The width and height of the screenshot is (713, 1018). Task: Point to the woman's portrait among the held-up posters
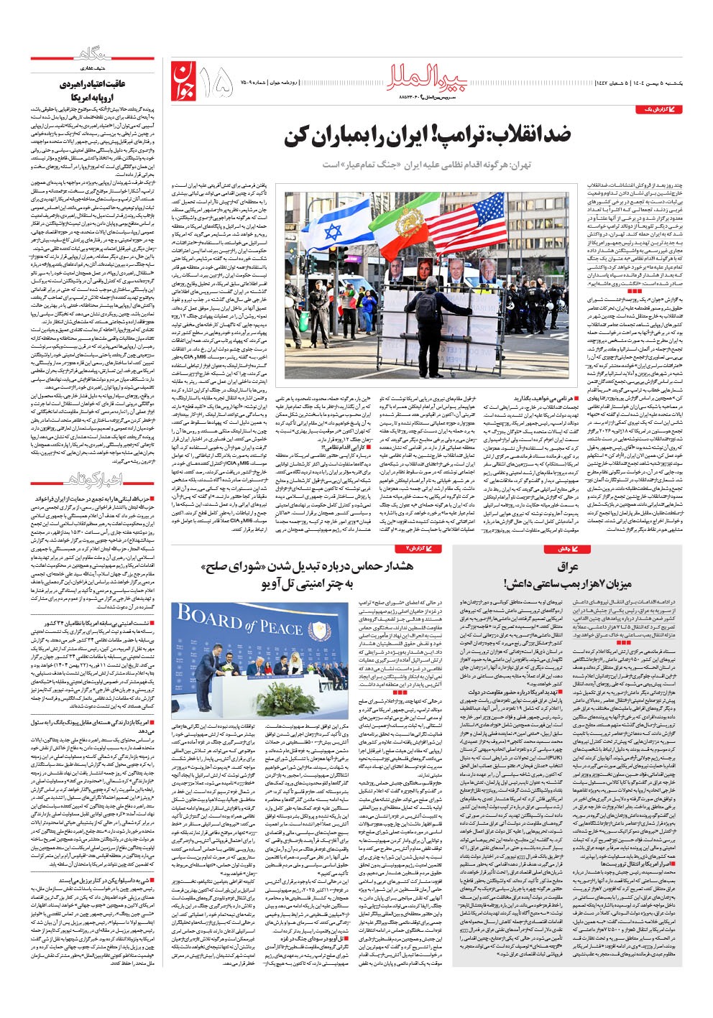(425, 269)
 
